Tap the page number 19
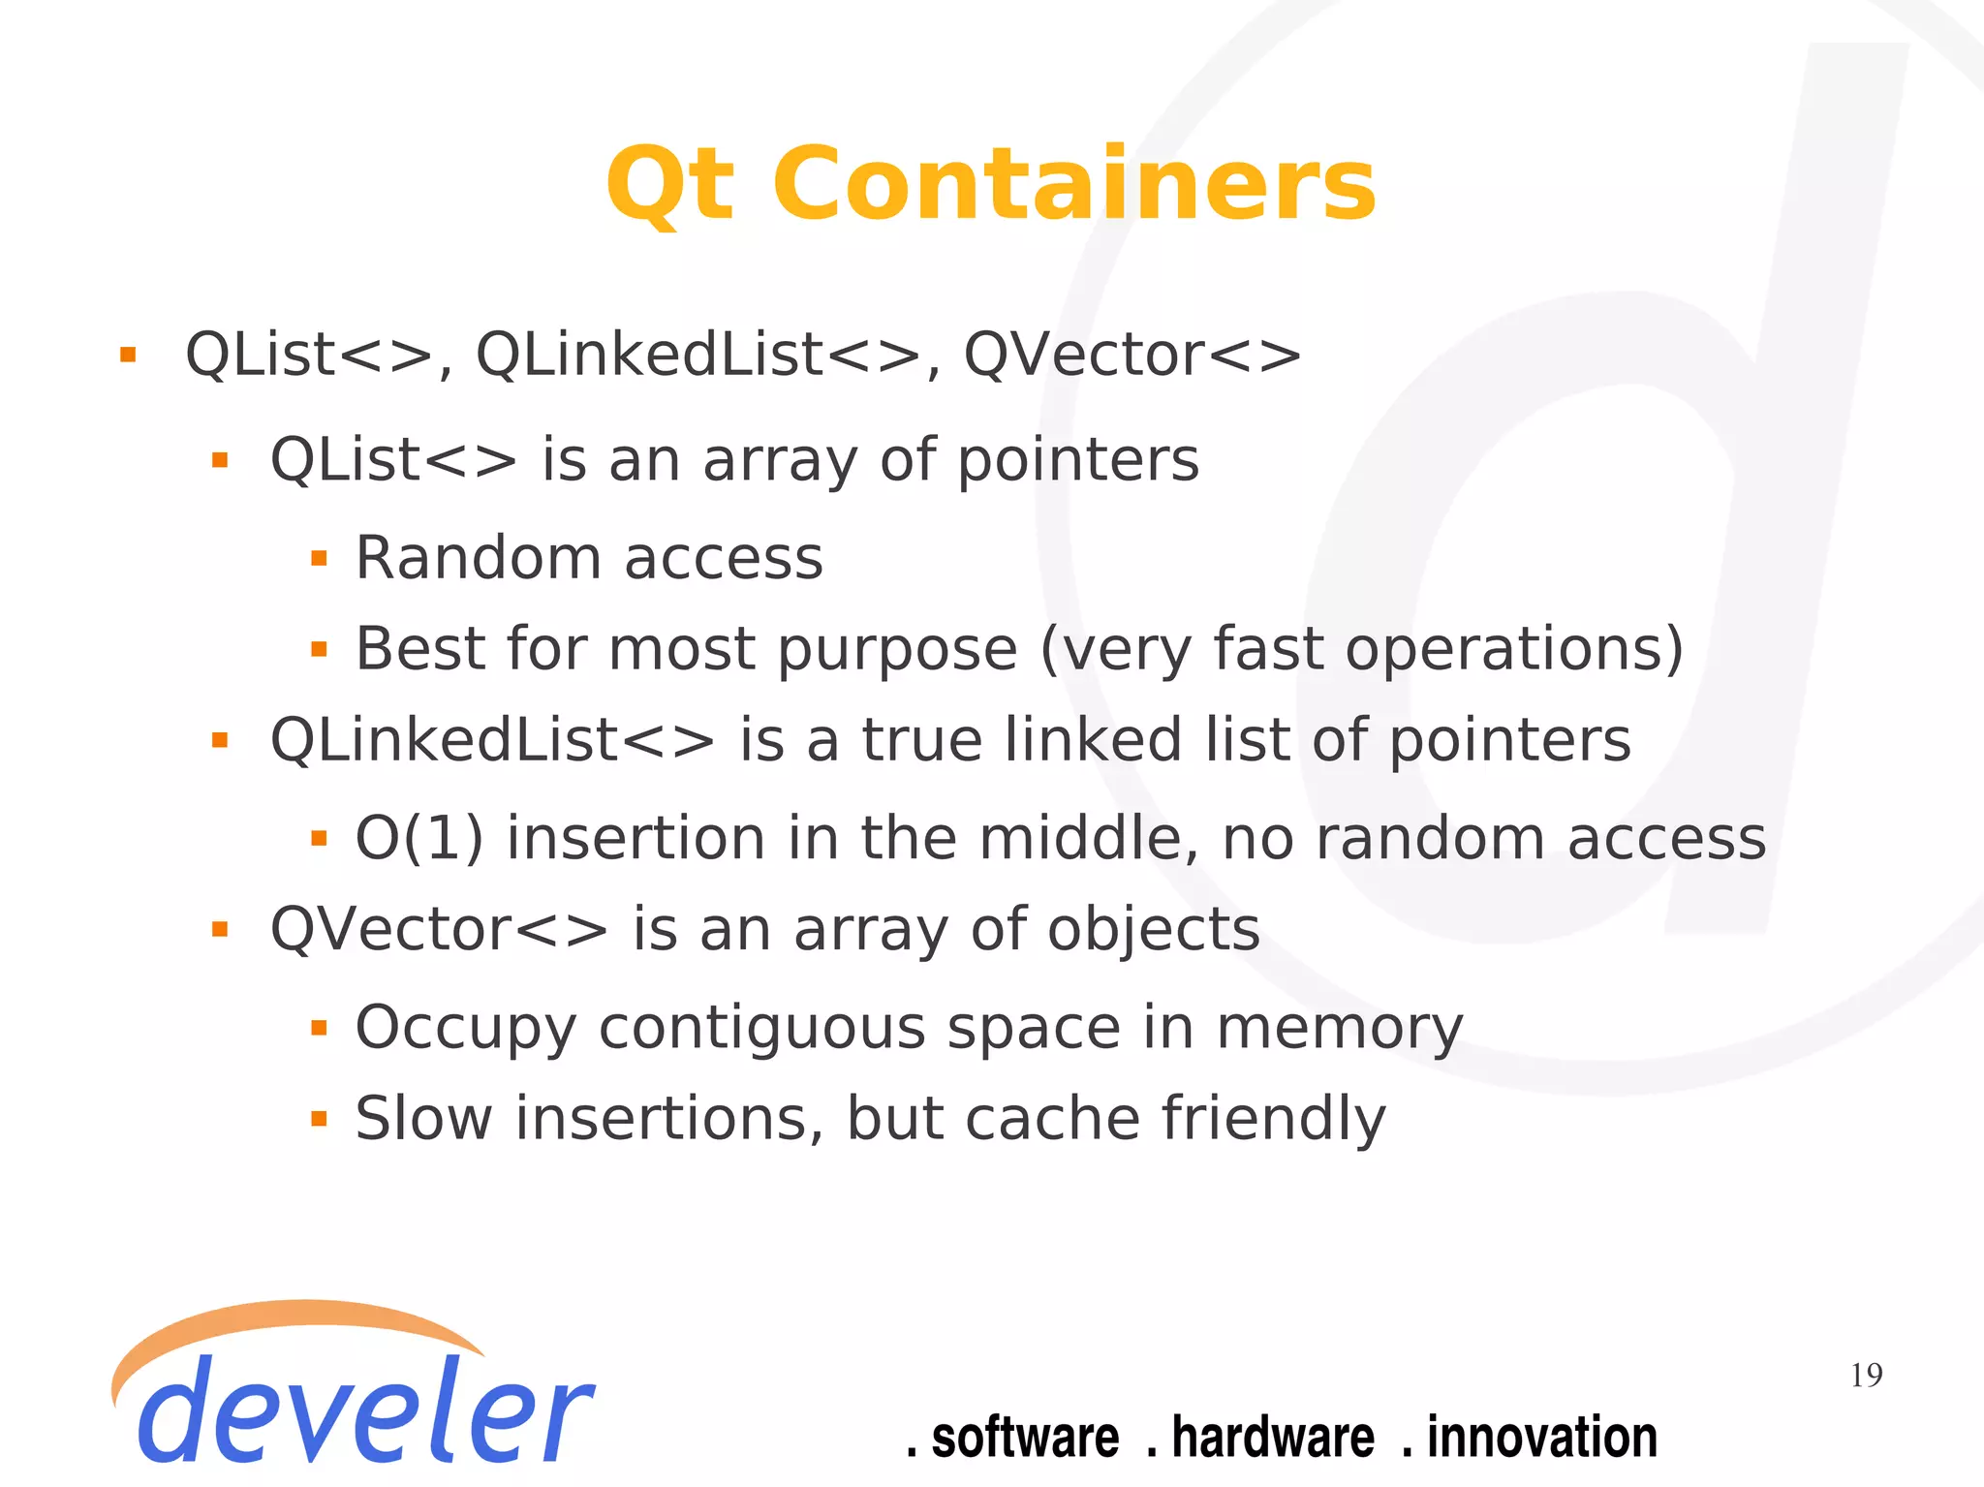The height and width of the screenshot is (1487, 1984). (x=1866, y=1375)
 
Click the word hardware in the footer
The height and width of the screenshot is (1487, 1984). (x=1273, y=1437)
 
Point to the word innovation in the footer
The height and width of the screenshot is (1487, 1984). (x=1541, y=1437)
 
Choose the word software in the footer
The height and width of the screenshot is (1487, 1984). (x=1025, y=1437)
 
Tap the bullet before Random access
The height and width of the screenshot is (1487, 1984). (x=319, y=559)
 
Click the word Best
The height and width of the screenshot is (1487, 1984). (x=419, y=648)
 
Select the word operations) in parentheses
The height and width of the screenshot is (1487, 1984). (x=1514, y=649)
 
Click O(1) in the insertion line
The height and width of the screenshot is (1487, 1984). (x=418, y=838)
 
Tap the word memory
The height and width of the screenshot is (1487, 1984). (x=1339, y=1029)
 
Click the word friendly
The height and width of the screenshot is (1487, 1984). (x=1273, y=1119)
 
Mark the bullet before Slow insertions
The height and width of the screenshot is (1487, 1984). (x=319, y=1120)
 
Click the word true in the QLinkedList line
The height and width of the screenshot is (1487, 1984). (x=921, y=741)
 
